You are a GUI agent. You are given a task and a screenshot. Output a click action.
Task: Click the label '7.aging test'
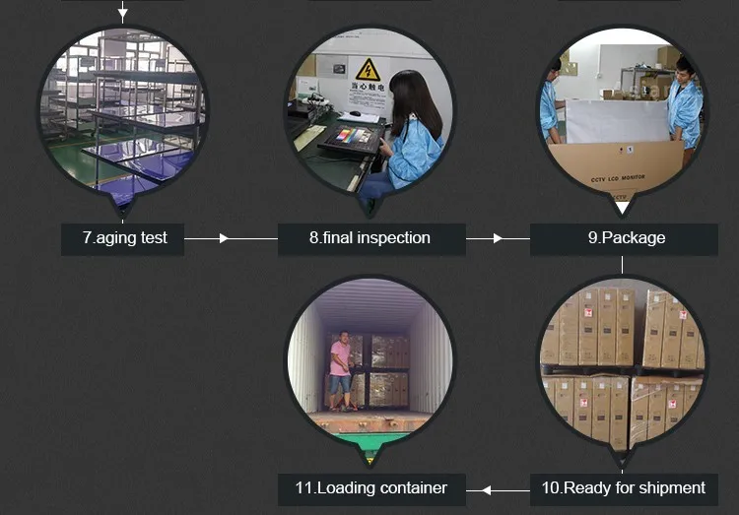124,238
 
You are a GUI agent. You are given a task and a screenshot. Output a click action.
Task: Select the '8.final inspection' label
369,238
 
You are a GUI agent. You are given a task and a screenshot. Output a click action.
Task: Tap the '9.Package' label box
625,238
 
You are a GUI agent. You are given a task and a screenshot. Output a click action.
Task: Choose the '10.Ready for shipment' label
624,487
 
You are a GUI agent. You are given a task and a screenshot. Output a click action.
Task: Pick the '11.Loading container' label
370,487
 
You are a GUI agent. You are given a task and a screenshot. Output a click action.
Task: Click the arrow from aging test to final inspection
223,238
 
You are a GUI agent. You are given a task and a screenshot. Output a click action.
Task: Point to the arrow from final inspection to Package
498,238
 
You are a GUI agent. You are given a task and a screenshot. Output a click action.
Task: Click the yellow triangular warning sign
368,70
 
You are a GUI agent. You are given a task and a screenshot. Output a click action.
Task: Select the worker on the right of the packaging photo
685,103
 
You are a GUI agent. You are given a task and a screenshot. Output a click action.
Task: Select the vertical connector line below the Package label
623,264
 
